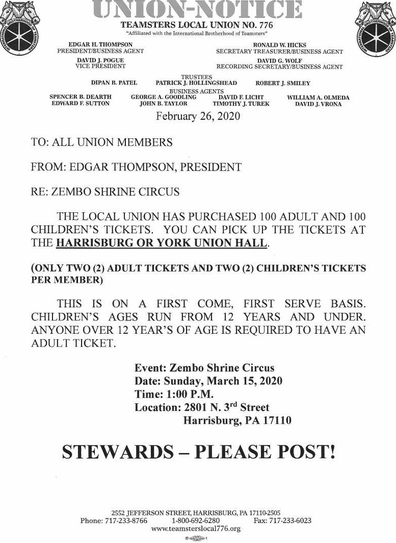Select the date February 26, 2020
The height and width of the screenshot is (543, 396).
198,116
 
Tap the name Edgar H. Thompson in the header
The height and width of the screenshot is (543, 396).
100,45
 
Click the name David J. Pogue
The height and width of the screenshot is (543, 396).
100,60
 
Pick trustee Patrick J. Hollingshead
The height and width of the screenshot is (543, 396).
196,83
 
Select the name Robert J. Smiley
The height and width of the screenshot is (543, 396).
283,83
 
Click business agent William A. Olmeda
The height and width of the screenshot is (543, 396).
318,97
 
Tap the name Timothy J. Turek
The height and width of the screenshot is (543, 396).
241,104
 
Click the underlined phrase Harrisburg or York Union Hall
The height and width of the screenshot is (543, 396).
162,243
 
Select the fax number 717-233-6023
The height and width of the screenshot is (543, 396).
291,521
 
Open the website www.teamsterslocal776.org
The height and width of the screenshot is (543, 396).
196,529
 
